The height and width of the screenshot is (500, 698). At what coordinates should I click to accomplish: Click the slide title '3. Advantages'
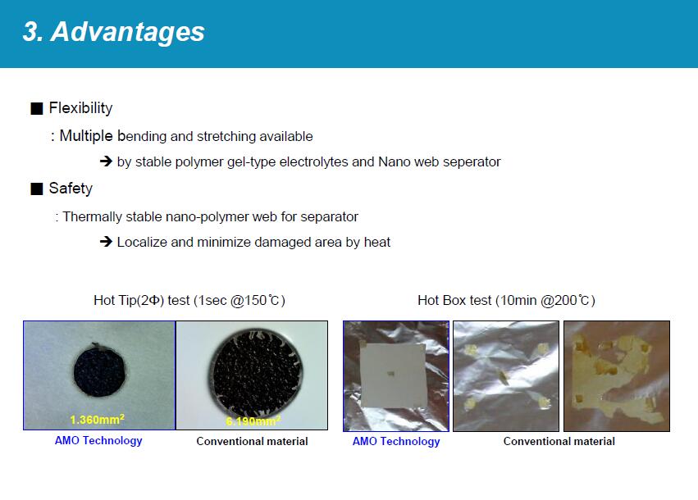pos(113,32)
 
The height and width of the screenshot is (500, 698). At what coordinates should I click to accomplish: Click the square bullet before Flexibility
pos(37,108)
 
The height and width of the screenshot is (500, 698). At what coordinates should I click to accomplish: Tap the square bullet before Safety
pos(37,189)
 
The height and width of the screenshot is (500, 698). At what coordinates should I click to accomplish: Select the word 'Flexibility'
pos(80,108)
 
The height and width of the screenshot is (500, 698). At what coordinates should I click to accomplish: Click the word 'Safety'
pos(71,189)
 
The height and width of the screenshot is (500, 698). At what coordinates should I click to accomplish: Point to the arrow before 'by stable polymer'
pos(106,161)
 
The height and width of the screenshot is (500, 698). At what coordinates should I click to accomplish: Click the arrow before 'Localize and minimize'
pos(106,242)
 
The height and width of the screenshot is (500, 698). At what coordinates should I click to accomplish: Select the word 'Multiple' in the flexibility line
pos(86,136)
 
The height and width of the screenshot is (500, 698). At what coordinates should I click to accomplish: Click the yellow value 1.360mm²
pos(97,420)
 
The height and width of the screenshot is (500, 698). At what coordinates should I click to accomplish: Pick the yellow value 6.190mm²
pos(253,420)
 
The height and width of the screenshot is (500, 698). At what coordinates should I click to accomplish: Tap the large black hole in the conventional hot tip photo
pos(256,372)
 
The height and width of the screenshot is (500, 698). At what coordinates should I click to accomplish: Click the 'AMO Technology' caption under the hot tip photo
pos(98,441)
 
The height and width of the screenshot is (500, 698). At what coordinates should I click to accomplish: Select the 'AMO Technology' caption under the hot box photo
pos(396,442)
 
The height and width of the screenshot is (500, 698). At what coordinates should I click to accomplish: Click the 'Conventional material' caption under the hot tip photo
pos(252,441)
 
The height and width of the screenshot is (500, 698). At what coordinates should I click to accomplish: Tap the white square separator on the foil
pos(393,375)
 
